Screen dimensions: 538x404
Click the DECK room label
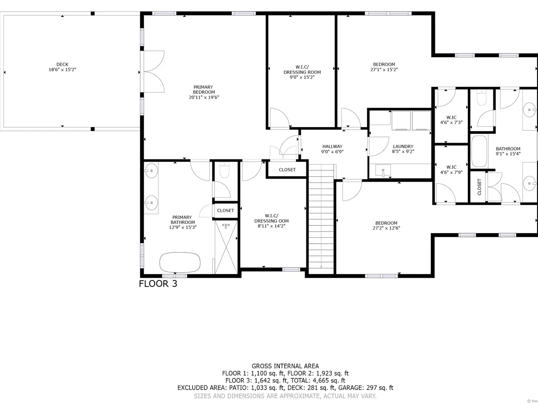62,64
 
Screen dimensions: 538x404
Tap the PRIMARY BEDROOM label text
203,90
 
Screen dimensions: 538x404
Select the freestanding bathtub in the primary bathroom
179,262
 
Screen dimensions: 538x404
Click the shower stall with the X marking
226,247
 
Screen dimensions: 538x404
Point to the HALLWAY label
332,146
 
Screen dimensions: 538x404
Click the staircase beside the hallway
321,219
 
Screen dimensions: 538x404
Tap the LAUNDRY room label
403,146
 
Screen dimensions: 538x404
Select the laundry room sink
383,170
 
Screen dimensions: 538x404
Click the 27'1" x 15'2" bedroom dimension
384,70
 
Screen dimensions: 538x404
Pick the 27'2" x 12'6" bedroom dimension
386,228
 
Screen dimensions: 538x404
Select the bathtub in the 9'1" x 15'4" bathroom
479,151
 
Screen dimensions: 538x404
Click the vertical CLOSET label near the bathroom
480,187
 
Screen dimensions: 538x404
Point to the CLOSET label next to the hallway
287,170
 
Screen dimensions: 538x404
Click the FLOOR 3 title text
158,284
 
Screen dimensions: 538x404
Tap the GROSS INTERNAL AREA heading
285,366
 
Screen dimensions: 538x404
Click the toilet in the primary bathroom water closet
224,170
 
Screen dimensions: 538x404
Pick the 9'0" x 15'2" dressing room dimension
302,77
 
